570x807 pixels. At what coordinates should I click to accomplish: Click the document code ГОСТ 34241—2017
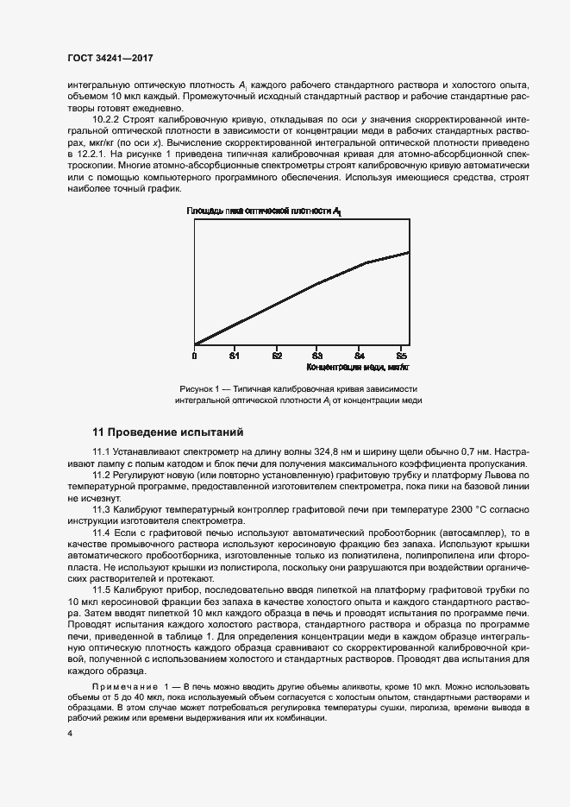pos(110,58)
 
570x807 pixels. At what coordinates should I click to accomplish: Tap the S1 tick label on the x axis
pos(234,355)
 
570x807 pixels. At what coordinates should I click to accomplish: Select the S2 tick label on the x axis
pos(276,355)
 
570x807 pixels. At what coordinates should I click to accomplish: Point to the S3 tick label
pos(317,355)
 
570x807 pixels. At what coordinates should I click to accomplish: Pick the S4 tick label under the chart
pos(360,355)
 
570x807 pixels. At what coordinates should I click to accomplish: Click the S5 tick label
pos(401,355)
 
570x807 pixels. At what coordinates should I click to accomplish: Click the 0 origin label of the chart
pos(195,355)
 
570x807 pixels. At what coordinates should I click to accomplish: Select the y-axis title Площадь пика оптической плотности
pos(263,211)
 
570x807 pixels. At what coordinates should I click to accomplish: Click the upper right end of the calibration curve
pos(408,252)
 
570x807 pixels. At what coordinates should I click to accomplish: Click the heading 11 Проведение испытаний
pos(168,430)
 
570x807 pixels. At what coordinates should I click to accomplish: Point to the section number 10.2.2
pos(107,117)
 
